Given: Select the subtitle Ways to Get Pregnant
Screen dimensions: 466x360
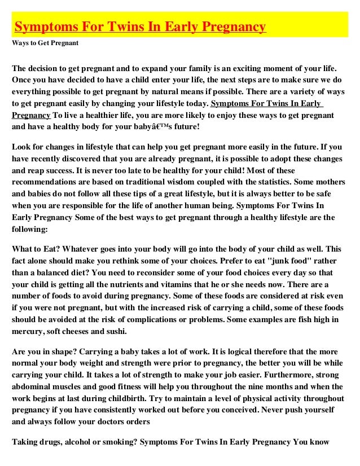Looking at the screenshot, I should pyautogui.click(x=45, y=43).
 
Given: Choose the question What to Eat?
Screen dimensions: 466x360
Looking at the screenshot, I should pyautogui.click(x=37, y=248).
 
